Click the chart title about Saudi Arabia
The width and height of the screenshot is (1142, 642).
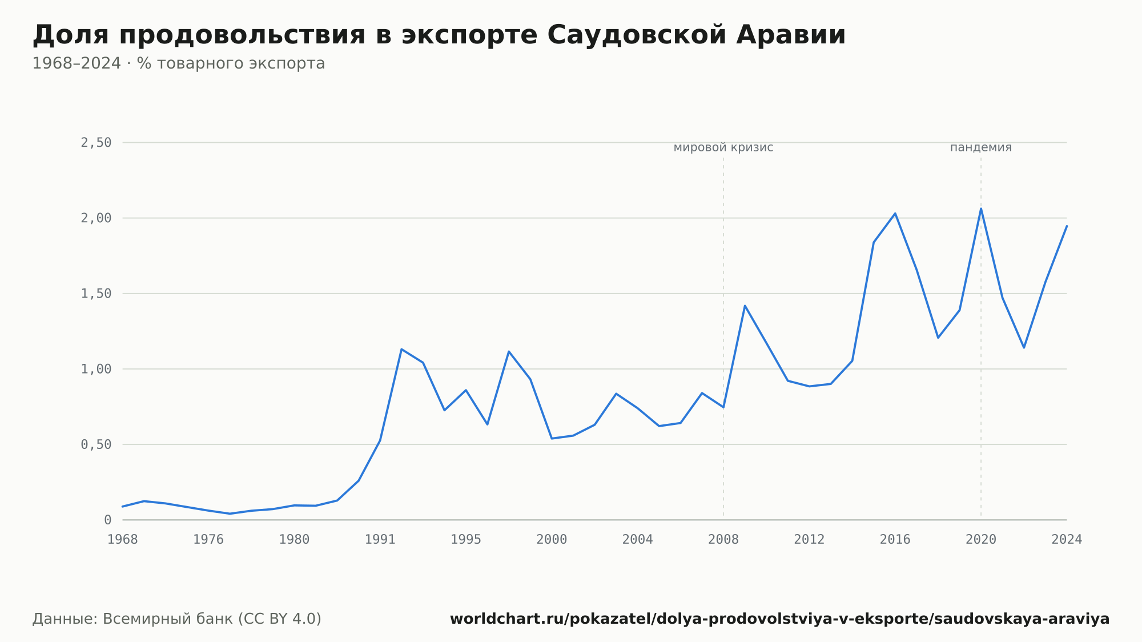(x=439, y=35)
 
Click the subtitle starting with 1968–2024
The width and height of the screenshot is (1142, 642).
(x=178, y=63)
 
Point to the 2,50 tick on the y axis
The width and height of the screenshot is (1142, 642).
(x=96, y=143)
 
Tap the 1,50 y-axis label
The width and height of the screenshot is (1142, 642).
(x=96, y=294)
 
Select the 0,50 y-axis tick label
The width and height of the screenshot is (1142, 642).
(x=96, y=444)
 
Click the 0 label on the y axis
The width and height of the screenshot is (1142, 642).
(x=107, y=520)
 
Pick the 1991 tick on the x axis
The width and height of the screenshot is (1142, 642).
(x=380, y=540)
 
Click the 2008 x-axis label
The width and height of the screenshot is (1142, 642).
(x=723, y=540)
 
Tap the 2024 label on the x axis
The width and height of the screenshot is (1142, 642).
(x=1067, y=540)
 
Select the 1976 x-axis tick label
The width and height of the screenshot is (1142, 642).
(x=208, y=540)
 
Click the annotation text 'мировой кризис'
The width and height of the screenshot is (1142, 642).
(x=723, y=147)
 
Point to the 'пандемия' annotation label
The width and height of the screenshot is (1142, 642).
(x=981, y=147)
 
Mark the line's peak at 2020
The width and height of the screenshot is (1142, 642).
(x=981, y=208)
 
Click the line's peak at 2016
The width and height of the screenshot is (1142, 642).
(x=895, y=214)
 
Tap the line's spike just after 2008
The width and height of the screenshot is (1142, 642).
(x=745, y=306)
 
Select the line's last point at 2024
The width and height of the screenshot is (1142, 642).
(x=1067, y=226)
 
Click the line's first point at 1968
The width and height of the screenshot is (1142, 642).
(x=123, y=507)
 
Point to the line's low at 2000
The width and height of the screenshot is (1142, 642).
(x=552, y=438)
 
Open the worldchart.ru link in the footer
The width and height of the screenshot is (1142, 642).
(x=780, y=619)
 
